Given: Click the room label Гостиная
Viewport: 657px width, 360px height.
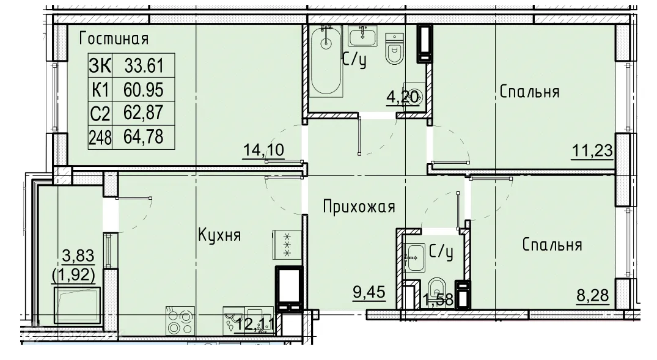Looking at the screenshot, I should [x=114, y=39].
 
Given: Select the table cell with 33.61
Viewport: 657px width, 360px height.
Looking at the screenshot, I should [x=144, y=64].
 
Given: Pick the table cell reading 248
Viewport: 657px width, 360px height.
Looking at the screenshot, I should [x=100, y=136].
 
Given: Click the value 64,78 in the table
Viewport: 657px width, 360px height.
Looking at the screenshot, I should [x=144, y=136].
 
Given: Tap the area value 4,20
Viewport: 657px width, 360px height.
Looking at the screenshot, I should [x=403, y=98].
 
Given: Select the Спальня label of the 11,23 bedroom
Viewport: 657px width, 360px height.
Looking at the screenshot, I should [x=529, y=92].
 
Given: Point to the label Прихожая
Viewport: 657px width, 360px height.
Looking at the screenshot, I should [x=359, y=207].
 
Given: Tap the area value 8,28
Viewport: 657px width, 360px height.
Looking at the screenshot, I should [x=593, y=298].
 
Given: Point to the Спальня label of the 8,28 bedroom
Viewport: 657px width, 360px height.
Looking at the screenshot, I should [x=551, y=245].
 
